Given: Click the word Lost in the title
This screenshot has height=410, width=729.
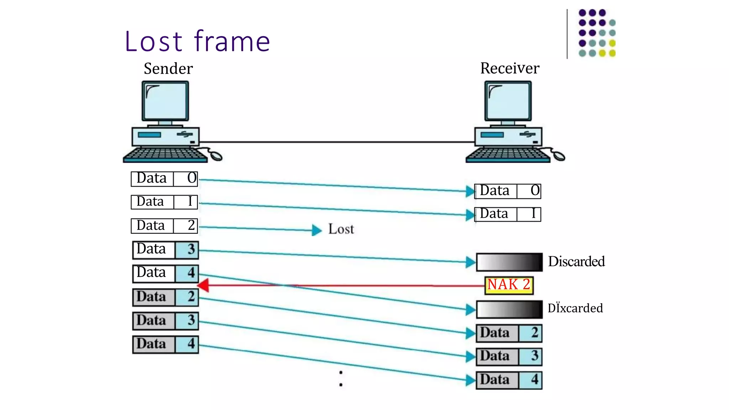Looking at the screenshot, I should tap(154, 42).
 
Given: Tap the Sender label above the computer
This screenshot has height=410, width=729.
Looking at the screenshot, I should tap(168, 68).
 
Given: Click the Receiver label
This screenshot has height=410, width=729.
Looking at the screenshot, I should tap(509, 68).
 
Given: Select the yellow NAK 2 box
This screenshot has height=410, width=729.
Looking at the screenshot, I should tap(509, 285).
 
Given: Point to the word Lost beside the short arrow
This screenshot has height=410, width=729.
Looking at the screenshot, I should tap(341, 229).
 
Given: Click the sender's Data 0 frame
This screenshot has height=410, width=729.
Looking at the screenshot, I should tap(164, 179).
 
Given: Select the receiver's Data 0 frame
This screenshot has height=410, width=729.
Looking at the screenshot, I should tap(508, 191).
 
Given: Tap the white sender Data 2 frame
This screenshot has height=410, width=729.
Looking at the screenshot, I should tap(164, 226).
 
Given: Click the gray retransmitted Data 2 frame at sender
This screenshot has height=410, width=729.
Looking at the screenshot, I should tap(165, 297).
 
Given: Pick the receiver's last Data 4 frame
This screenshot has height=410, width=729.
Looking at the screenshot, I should tap(509, 380).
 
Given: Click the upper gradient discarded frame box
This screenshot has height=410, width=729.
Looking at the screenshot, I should tap(509, 262).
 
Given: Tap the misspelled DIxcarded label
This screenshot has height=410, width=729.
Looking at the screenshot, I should tap(575, 308).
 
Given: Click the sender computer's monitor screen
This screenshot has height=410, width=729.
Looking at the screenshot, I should tap(165, 101).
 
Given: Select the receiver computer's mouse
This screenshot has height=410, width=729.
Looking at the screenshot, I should tap(558, 156).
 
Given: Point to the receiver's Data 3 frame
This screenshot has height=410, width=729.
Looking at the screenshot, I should tap(509, 357).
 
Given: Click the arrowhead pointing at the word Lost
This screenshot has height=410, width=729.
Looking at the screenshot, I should tap(316, 230).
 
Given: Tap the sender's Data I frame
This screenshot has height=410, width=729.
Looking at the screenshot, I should tap(164, 202).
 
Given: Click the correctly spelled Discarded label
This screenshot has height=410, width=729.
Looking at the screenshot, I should tap(576, 262).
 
